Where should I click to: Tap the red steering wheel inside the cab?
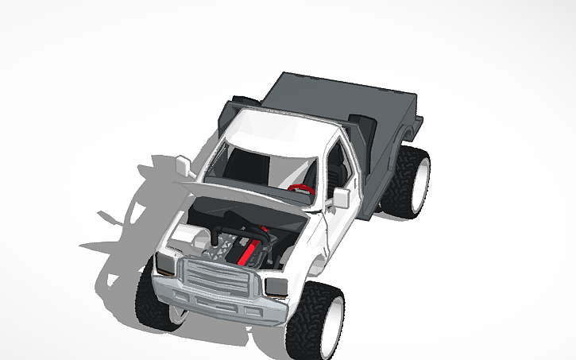[300, 188]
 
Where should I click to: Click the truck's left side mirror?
[184, 165]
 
